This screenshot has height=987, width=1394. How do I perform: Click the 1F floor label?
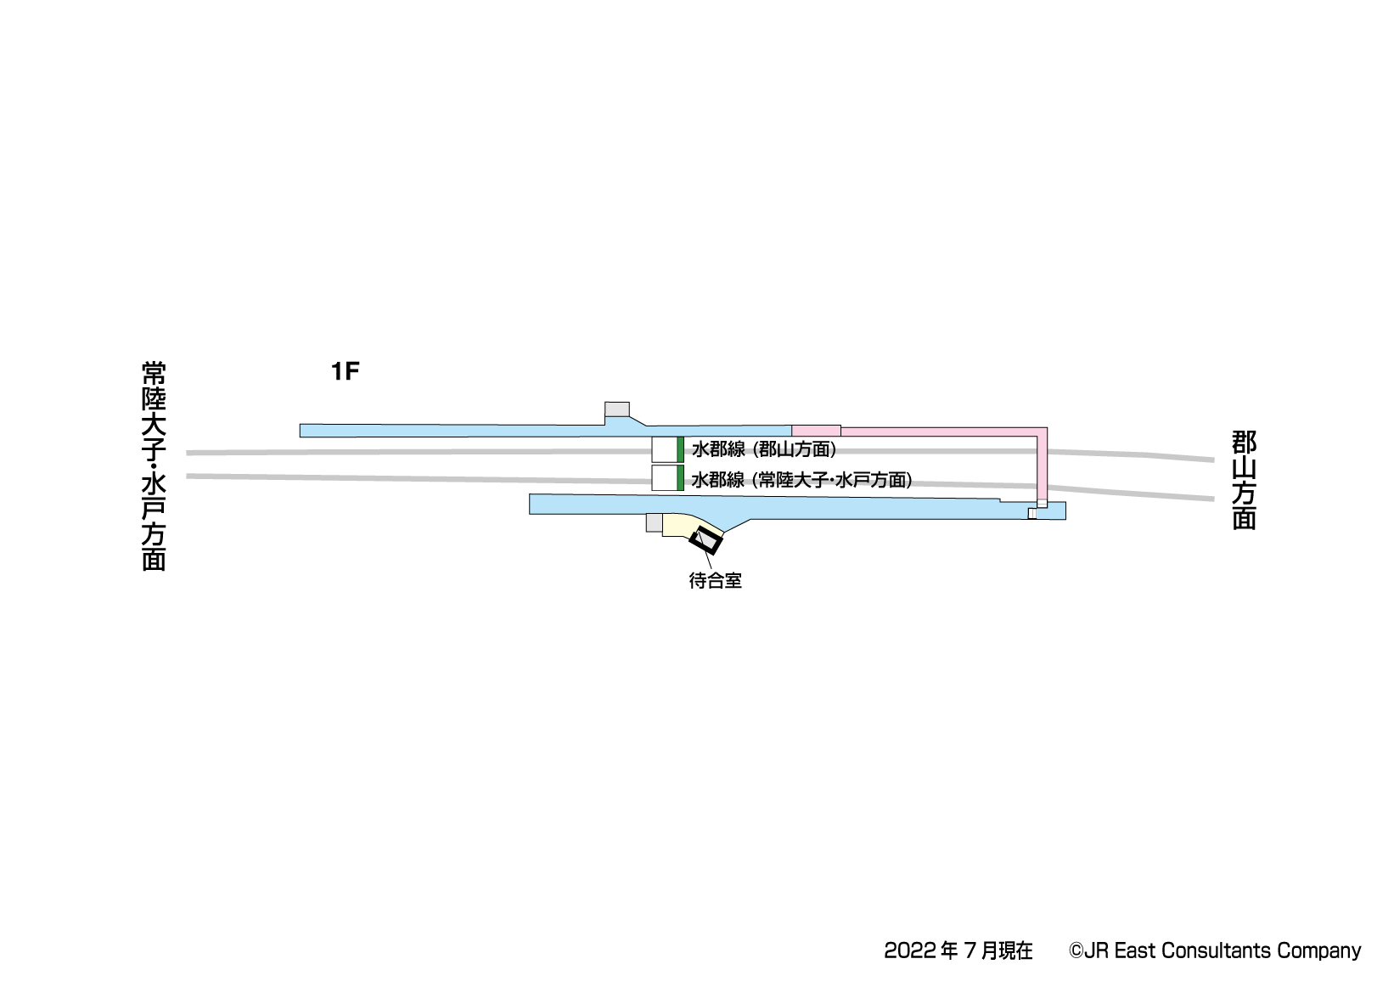[x=346, y=371]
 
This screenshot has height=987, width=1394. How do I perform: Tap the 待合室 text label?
[x=715, y=581]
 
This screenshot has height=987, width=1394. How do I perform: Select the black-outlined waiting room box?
[x=705, y=540]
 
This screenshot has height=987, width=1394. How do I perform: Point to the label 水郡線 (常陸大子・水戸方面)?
[x=801, y=480]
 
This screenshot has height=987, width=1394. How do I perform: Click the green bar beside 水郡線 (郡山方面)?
[x=680, y=449]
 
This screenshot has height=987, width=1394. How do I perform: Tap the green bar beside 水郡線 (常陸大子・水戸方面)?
[x=680, y=478]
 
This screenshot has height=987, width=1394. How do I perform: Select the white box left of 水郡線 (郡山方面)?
[x=664, y=449]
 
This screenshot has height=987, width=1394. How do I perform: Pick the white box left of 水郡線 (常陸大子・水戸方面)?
[x=664, y=478]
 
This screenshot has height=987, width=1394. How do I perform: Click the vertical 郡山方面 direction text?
[x=1244, y=480]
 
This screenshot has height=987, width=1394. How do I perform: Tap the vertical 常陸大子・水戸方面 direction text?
[x=154, y=466]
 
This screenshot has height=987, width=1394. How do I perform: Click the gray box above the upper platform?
[x=617, y=409]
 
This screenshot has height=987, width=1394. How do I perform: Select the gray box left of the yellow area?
[x=654, y=522]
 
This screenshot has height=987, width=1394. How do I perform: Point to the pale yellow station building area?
[x=679, y=525]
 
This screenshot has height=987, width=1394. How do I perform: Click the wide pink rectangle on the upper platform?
[x=816, y=431]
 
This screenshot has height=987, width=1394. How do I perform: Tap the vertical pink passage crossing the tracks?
[x=1042, y=467]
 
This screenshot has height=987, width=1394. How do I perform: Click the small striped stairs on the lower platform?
[x=1032, y=513]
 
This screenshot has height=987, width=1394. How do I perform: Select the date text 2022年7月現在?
[x=958, y=950]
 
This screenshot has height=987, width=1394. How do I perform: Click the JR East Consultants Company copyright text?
[x=1214, y=950]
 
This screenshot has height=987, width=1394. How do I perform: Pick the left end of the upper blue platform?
[x=306, y=431]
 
